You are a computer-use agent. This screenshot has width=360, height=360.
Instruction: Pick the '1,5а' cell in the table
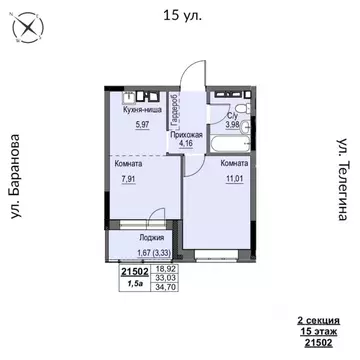point(133,284)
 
